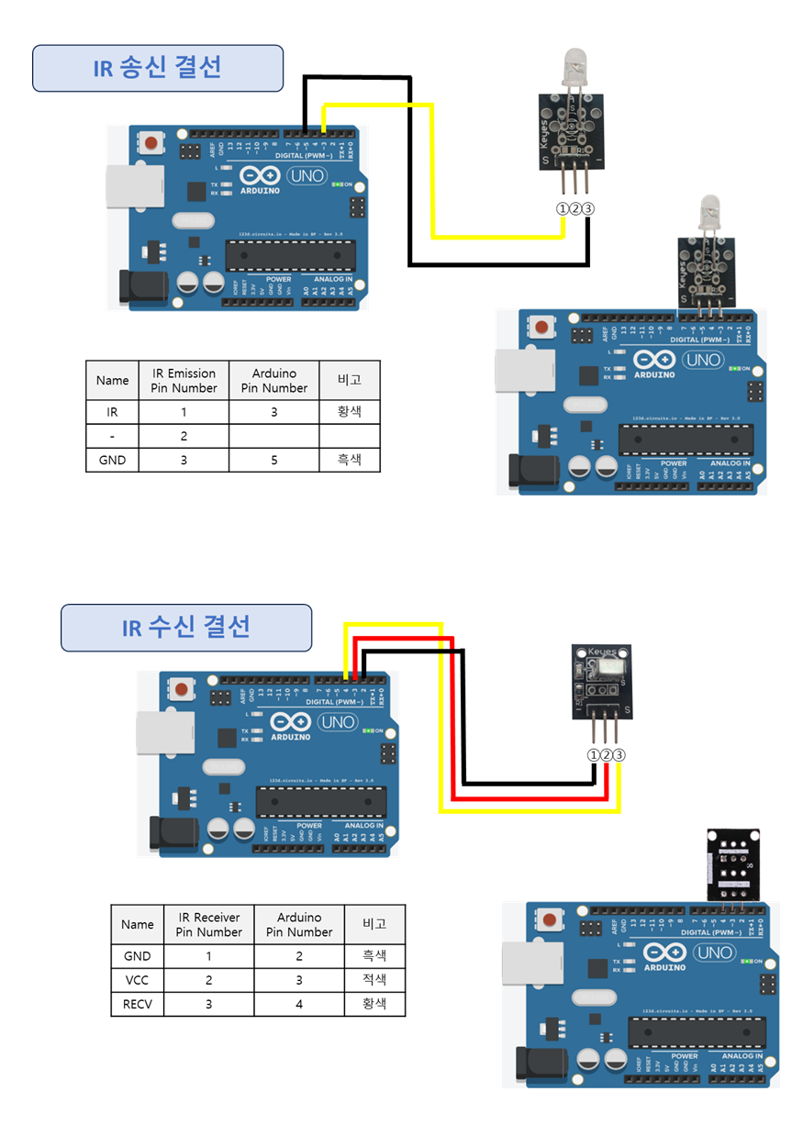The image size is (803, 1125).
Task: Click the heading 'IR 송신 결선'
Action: [157, 68]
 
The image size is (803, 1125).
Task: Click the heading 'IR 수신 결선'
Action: [186, 628]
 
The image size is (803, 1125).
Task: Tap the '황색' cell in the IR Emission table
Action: [350, 413]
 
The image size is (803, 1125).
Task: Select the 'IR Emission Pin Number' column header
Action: [184, 380]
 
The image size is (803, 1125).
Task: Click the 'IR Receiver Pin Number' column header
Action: [208, 924]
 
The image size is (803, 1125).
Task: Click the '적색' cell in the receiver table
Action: [374, 980]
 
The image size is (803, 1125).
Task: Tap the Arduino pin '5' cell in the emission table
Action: [274, 460]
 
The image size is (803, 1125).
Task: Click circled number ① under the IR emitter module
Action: [563, 208]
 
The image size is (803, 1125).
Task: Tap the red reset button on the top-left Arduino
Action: [150, 144]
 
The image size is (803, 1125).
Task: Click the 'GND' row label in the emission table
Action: [112, 460]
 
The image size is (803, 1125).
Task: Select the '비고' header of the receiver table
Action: [374, 924]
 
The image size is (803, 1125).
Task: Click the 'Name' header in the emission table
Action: [112, 380]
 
